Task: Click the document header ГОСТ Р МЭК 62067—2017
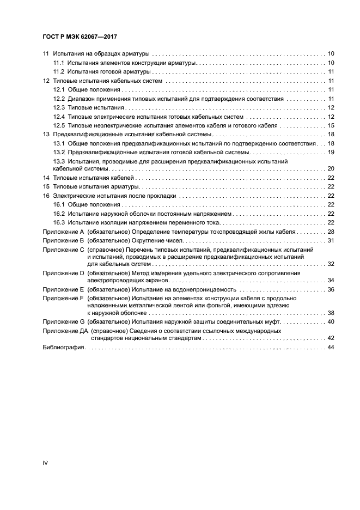(x=80, y=37)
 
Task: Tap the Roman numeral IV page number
(x=46, y=463)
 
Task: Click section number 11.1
(x=59, y=63)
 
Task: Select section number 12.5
(x=59, y=125)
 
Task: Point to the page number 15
(x=331, y=125)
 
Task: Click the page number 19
(x=331, y=151)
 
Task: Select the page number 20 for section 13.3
(x=331, y=169)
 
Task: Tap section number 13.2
(x=59, y=151)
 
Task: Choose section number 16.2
(x=59, y=214)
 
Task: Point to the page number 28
(x=331, y=232)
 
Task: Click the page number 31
(x=331, y=240)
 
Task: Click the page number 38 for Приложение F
(x=331, y=313)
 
